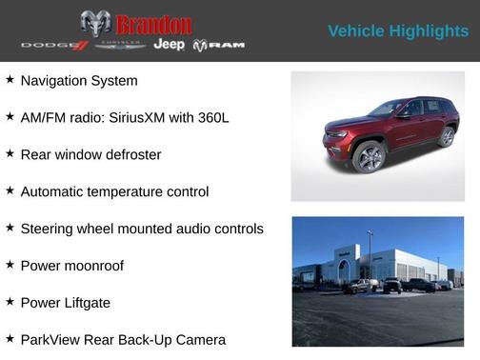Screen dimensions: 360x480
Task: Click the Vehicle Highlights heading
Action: pyautogui.click(x=398, y=31)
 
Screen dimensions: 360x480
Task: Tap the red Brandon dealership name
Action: pyautogui.click(x=153, y=25)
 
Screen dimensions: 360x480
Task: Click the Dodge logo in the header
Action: pyautogui.click(x=53, y=46)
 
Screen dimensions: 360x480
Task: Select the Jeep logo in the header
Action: pyautogui.click(x=170, y=45)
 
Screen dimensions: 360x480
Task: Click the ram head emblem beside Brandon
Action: pyautogui.click(x=95, y=24)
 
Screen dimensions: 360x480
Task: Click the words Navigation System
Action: pyautogui.click(x=79, y=81)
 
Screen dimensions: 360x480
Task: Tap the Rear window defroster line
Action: pyautogui.click(x=90, y=154)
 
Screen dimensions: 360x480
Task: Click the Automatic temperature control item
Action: pyautogui.click(x=114, y=191)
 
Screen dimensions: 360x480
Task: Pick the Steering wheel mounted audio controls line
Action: pyautogui.click(x=142, y=229)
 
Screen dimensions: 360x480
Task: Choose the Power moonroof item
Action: pyautogui.click(x=72, y=266)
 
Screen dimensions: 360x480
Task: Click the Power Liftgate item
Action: pyautogui.click(x=66, y=303)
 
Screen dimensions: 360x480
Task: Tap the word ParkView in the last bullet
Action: pyautogui.click(x=50, y=340)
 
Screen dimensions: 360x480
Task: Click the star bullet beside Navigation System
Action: pyautogui.click(x=10, y=80)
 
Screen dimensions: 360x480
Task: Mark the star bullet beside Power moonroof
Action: pyautogui.click(x=10, y=265)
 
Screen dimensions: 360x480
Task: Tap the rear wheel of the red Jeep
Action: pyautogui.click(x=446, y=137)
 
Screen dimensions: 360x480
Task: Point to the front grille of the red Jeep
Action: pyautogui.click(x=335, y=141)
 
